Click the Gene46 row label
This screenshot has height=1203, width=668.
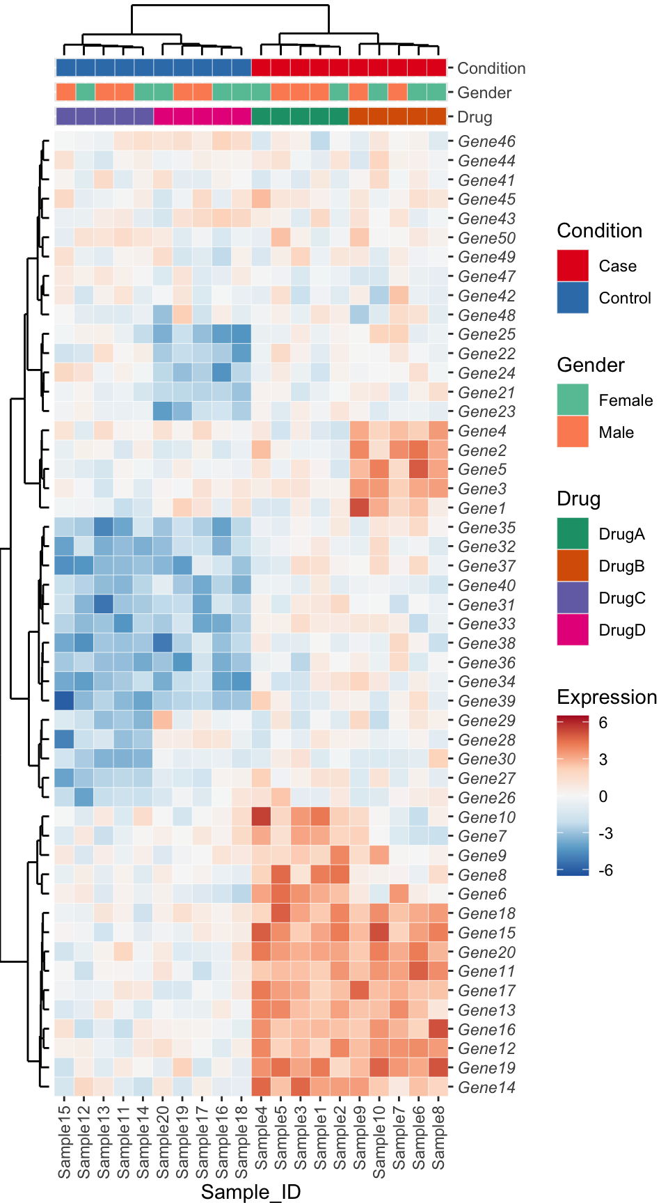486,141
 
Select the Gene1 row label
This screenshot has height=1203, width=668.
482,508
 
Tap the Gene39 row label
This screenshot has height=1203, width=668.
486,701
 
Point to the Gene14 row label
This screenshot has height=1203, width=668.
486,1087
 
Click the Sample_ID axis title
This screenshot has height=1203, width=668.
250,1192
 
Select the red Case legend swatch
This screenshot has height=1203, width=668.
573,266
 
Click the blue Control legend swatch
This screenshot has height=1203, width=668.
573,298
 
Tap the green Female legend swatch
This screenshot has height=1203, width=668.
573,400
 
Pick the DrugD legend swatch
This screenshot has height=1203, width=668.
573,630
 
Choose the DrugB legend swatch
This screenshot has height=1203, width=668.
573,566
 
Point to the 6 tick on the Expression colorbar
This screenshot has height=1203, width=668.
603,723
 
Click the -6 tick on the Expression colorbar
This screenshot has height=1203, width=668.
605,870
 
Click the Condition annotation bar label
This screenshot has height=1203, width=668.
491,68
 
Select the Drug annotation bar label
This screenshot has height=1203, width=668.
475,117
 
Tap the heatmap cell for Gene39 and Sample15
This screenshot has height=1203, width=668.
65,701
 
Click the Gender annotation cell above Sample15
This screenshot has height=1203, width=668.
65,92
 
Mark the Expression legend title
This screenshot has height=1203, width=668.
607,697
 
